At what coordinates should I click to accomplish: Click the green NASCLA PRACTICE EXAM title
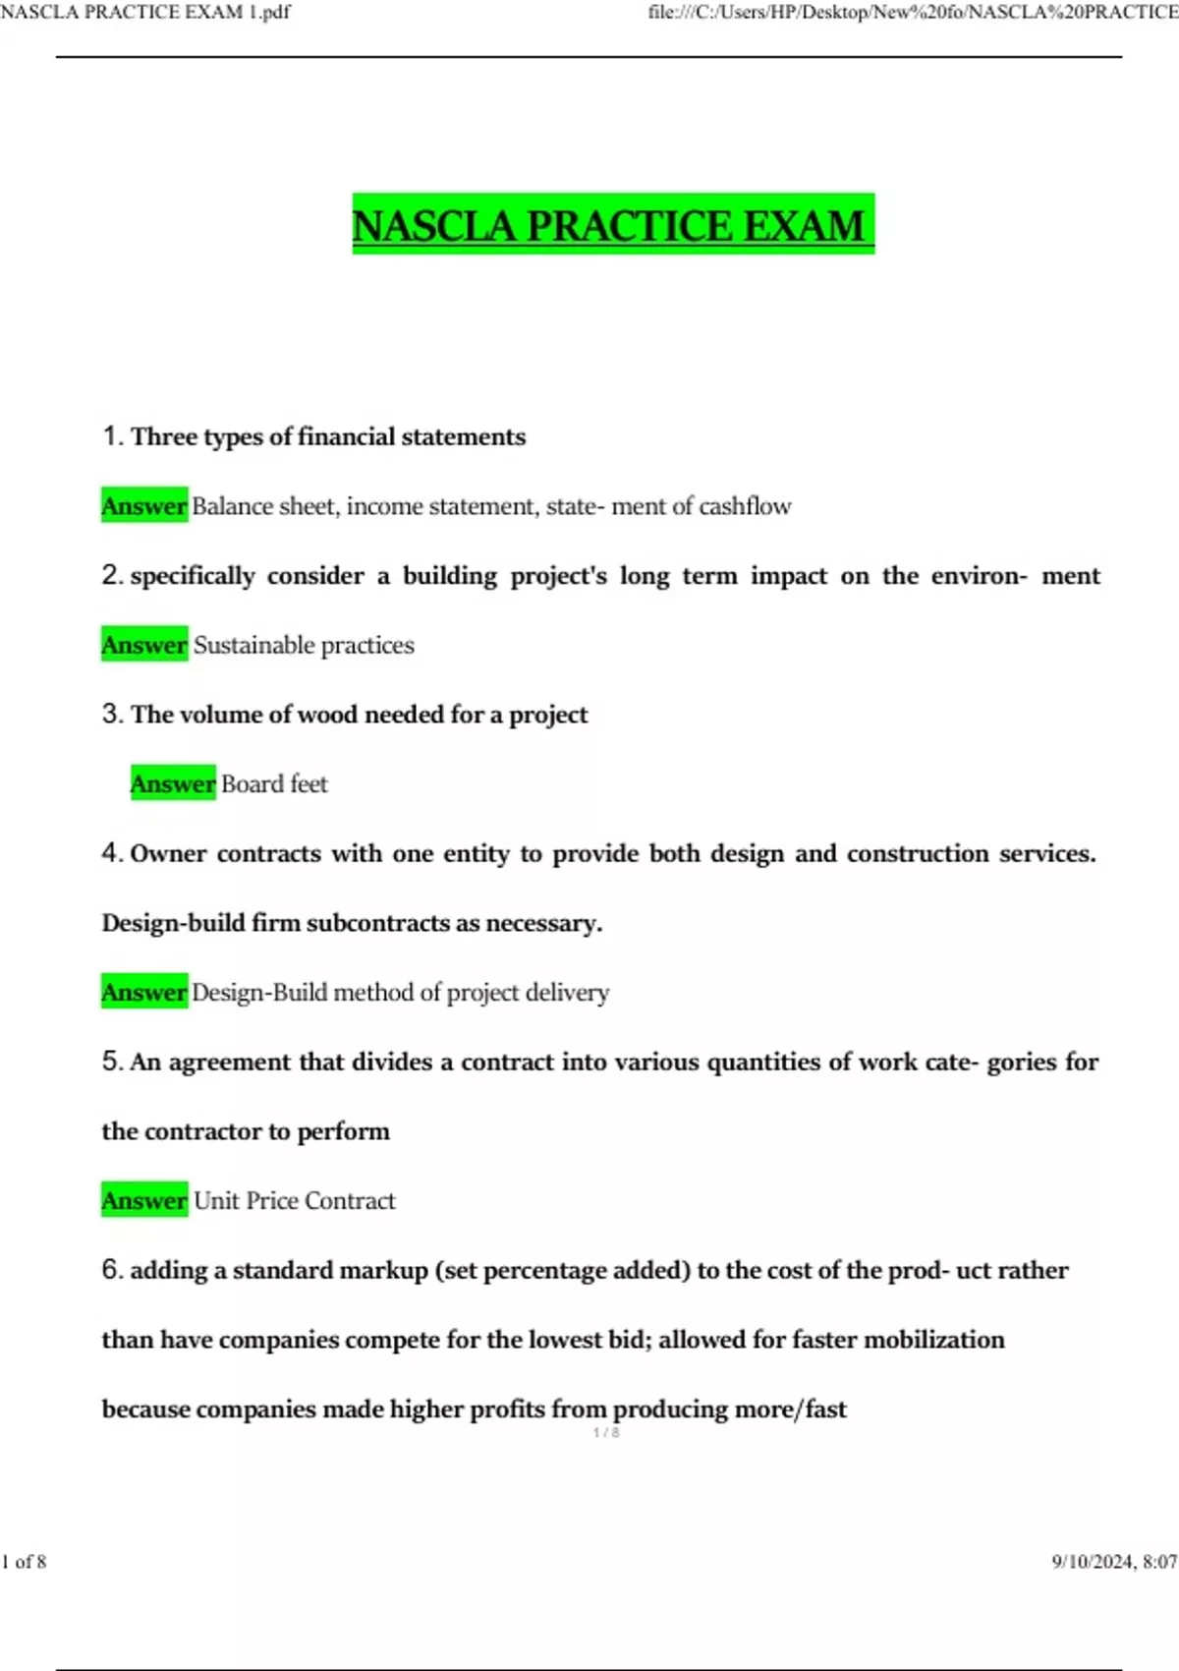coord(612,225)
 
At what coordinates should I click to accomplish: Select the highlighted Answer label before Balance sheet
coord(144,505)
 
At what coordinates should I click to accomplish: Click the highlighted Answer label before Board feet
coord(173,783)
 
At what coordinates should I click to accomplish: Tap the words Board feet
coord(274,783)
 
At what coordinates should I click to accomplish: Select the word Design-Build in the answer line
coord(259,992)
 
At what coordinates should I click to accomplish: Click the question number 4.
coord(111,852)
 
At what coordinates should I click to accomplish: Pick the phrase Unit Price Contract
coord(295,1200)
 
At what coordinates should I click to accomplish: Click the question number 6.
coord(111,1269)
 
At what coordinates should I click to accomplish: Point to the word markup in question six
coord(383,1270)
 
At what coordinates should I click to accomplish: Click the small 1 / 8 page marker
coord(606,1433)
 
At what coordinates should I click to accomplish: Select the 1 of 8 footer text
coord(25,1561)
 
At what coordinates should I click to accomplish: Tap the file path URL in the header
coord(913,12)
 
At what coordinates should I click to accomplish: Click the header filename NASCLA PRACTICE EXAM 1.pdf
coord(145,12)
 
